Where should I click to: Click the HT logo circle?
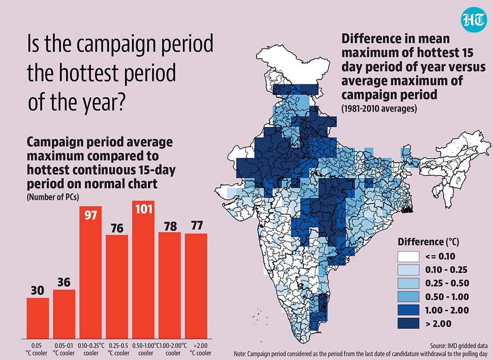[473, 20]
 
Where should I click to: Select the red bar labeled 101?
[143, 269]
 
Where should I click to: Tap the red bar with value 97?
[91, 272]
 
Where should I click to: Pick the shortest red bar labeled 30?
[38, 318]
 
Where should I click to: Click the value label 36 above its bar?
[64, 283]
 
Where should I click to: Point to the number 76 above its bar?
[117, 228]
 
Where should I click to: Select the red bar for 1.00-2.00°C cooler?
[170, 285]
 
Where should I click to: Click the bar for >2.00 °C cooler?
[196, 286]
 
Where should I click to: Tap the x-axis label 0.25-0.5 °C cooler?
[118, 349]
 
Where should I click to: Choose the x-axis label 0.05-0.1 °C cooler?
[64, 349]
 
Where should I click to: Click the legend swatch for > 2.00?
[408, 324]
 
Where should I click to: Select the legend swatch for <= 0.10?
[408, 256]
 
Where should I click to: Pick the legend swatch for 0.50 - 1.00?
[408, 297]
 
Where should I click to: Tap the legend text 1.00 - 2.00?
[447, 310]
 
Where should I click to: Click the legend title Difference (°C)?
[428, 242]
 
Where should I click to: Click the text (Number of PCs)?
[53, 197]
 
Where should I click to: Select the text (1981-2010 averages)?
[379, 108]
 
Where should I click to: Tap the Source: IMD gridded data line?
[458, 346]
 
